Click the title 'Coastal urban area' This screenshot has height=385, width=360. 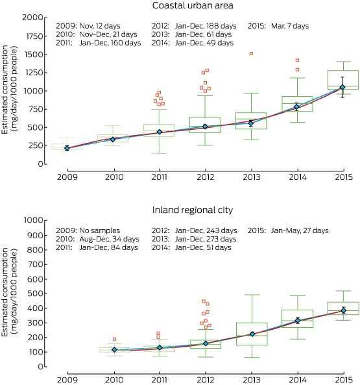click(193, 5)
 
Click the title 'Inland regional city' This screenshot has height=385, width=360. click(193, 210)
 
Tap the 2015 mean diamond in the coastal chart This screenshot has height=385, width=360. click(342, 87)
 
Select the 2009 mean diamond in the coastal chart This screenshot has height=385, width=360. click(67, 148)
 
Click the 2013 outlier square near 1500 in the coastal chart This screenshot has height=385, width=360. click(251, 53)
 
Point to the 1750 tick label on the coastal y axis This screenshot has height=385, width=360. click(34, 36)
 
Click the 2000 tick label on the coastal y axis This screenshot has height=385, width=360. click(32, 18)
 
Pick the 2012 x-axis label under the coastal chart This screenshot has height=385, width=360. click(206, 177)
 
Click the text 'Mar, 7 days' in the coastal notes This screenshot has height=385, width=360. click(290, 26)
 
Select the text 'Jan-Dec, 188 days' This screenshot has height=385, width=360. click(206, 26)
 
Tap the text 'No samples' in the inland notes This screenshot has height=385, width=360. click(100, 230)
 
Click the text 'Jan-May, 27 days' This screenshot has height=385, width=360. click(300, 230)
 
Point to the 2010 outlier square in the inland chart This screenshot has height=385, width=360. click(114, 339)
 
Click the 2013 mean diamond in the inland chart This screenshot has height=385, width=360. click(252, 334)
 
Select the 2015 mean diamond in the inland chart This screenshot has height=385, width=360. click(344, 310)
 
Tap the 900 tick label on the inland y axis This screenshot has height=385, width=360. click(35, 235)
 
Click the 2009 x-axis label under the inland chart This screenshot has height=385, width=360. click(67, 380)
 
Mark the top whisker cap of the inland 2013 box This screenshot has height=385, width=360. click(252, 295)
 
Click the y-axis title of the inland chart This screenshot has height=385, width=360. click(9, 292)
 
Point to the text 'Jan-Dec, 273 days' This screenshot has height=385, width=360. click(206, 239)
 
